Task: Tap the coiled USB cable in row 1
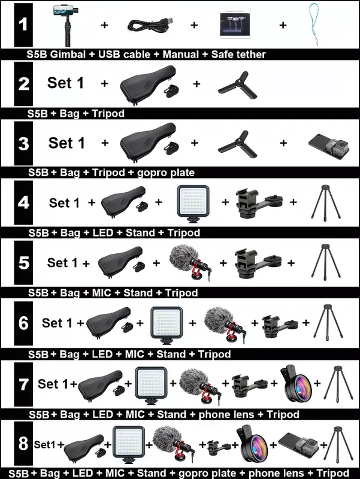[x=150, y=25]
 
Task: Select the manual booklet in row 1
[x=235, y=23]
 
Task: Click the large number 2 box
[x=23, y=83]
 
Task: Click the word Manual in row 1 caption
[x=181, y=54]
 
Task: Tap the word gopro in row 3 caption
[x=152, y=173]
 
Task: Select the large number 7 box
[x=23, y=384]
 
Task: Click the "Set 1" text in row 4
[x=64, y=203]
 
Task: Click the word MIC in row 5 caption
[x=101, y=293]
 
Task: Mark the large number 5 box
[x=23, y=262]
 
